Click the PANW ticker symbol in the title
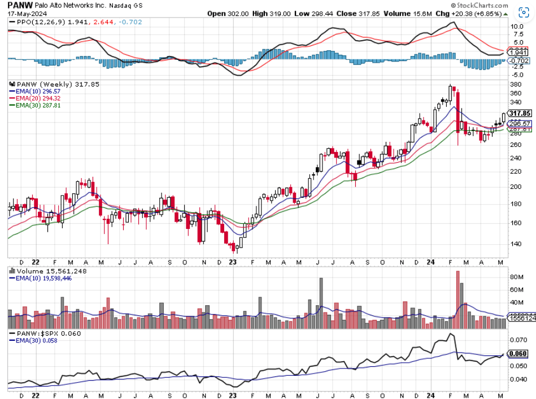pos(18,5)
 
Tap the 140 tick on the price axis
pos(516,244)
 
